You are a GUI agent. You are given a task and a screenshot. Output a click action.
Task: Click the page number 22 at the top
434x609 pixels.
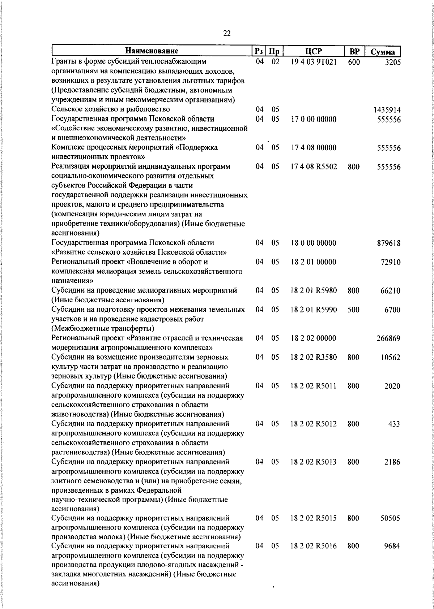(x=227, y=33)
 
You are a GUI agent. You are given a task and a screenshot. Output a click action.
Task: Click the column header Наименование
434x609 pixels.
(x=152, y=51)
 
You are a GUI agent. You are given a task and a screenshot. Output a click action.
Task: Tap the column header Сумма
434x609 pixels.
(x=383, y=52)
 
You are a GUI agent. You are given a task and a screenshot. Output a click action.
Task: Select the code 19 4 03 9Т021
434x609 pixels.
(x=314, y=62)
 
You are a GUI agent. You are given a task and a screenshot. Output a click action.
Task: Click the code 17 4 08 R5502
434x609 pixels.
(x=314, y=167)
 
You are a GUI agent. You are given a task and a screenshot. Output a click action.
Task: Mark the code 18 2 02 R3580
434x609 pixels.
(x=314, y=358)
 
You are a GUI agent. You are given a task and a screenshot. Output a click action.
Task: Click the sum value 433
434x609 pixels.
(x=394, y=424)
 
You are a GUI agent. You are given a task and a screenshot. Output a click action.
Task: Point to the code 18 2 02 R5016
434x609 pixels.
(x=314, y=546)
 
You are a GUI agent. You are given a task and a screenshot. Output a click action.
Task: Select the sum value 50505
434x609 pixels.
(x=390, y=518)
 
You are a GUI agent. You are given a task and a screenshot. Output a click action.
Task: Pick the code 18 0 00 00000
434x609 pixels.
(x=314, y=243)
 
